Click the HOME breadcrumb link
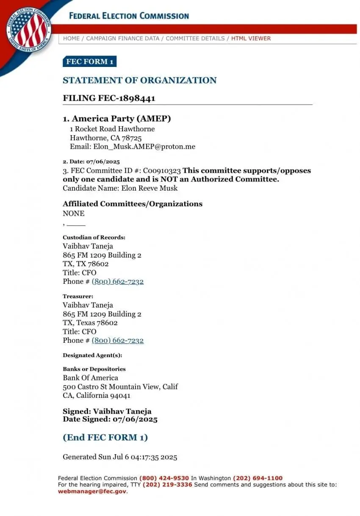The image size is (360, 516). pos(71,38)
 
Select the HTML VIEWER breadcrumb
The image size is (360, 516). pos(251,38)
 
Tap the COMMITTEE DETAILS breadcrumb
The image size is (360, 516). pos(195,38)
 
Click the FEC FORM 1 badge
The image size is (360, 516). pos(89,61)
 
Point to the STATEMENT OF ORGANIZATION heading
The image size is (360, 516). pos(140,80)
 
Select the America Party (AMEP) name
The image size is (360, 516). pos(122,119)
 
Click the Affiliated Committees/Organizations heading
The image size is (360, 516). pos(133,204)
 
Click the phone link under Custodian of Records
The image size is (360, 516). pos(118,281)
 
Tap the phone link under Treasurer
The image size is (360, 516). pos(118,340)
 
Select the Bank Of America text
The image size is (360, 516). pos(91,377)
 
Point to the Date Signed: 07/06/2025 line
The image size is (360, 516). pos(110,419)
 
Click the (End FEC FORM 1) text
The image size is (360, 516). pos(105,437)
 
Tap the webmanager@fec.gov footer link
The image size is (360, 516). pos(92,491)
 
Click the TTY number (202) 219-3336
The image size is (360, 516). pos(167,485)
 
